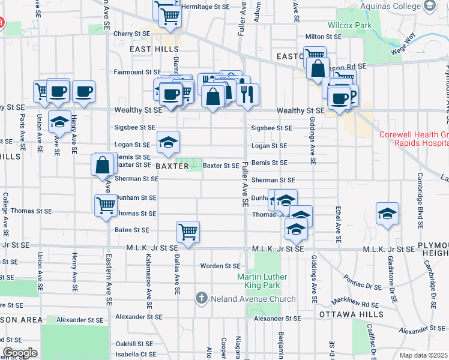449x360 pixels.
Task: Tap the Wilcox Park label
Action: [x=349, y=26]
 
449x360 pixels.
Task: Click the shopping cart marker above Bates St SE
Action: [x=188, y=232]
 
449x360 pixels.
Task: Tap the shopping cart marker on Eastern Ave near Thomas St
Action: [x=106, y=206]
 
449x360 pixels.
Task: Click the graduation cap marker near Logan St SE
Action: [x=169, y=143]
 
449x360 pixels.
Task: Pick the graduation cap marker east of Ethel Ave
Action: [x=387, y=214]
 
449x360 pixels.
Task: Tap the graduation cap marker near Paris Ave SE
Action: [x=58, y=122]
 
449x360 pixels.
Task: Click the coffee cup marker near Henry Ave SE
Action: [x=84, y=92]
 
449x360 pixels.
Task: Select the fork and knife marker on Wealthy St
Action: [x=247, y=93]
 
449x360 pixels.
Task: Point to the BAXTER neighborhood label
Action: [x=172, y=166]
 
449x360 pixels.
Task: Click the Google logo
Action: [x=20, y=353]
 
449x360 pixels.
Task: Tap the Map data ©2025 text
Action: [x=423, y=355]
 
